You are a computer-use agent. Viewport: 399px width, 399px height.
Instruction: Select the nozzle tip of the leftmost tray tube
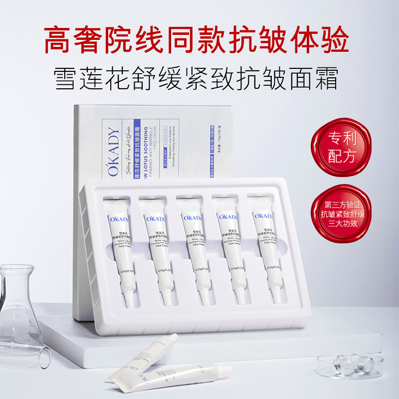128,300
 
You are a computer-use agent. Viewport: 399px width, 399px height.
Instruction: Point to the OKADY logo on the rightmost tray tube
264,216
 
